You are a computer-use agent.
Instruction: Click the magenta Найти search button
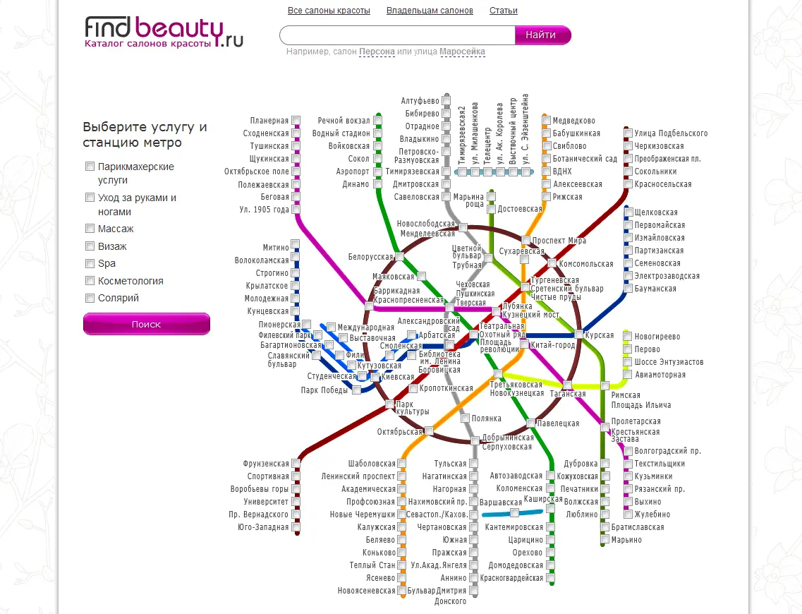[542, 35]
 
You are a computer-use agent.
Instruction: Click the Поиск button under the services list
[147, 324]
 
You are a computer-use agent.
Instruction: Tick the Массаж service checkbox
[90, 228]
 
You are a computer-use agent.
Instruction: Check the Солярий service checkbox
[90, 298]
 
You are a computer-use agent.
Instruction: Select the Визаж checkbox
[90, 246]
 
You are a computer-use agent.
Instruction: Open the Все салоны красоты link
[329, 10]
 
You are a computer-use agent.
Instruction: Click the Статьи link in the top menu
[504, 10]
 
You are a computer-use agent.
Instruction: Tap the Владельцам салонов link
[430, 10]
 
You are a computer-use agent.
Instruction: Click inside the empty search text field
[397, 35]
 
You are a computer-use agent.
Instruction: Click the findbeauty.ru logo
[164, 32]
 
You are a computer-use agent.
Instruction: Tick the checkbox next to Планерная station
[296, 121]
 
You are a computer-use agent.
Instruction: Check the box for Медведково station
[546, 121]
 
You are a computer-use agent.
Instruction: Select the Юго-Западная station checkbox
[296, 527]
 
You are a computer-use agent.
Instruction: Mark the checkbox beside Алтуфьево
[446, 100]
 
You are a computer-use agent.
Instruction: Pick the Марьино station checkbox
[605, 539]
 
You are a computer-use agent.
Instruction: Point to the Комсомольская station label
[585, 264]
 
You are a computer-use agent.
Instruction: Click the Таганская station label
[568, 394]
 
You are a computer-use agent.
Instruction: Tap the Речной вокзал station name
[344, 121]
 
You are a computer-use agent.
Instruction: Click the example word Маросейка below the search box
[462, 51]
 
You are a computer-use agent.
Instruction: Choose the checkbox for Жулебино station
[628, 514]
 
